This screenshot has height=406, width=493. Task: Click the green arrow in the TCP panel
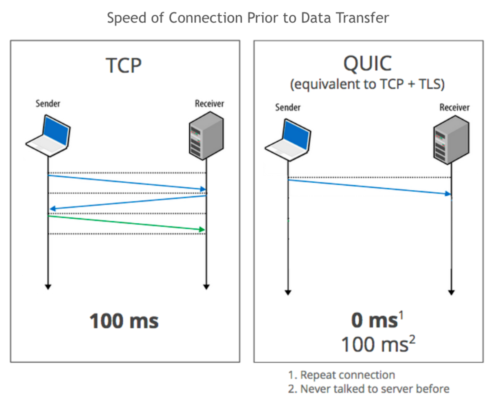coord(127,223)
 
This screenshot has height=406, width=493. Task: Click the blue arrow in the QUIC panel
coord(369,187)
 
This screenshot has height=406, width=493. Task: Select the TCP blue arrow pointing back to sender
coord(127,202)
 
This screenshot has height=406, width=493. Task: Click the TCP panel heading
coord(124,65)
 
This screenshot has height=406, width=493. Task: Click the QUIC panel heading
coord(368,64)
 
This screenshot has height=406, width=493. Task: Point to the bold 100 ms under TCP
coord(124,321)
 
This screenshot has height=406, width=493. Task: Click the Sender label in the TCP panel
coord(47,103)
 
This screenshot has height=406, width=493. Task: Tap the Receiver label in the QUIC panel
coord(454,107)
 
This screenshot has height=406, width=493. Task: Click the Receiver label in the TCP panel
coord(209,103)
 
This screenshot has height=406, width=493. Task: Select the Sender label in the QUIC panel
coord(288,107)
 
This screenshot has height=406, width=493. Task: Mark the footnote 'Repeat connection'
coord(347,375)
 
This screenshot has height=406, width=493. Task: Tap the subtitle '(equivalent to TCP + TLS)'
coord(368,84)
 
